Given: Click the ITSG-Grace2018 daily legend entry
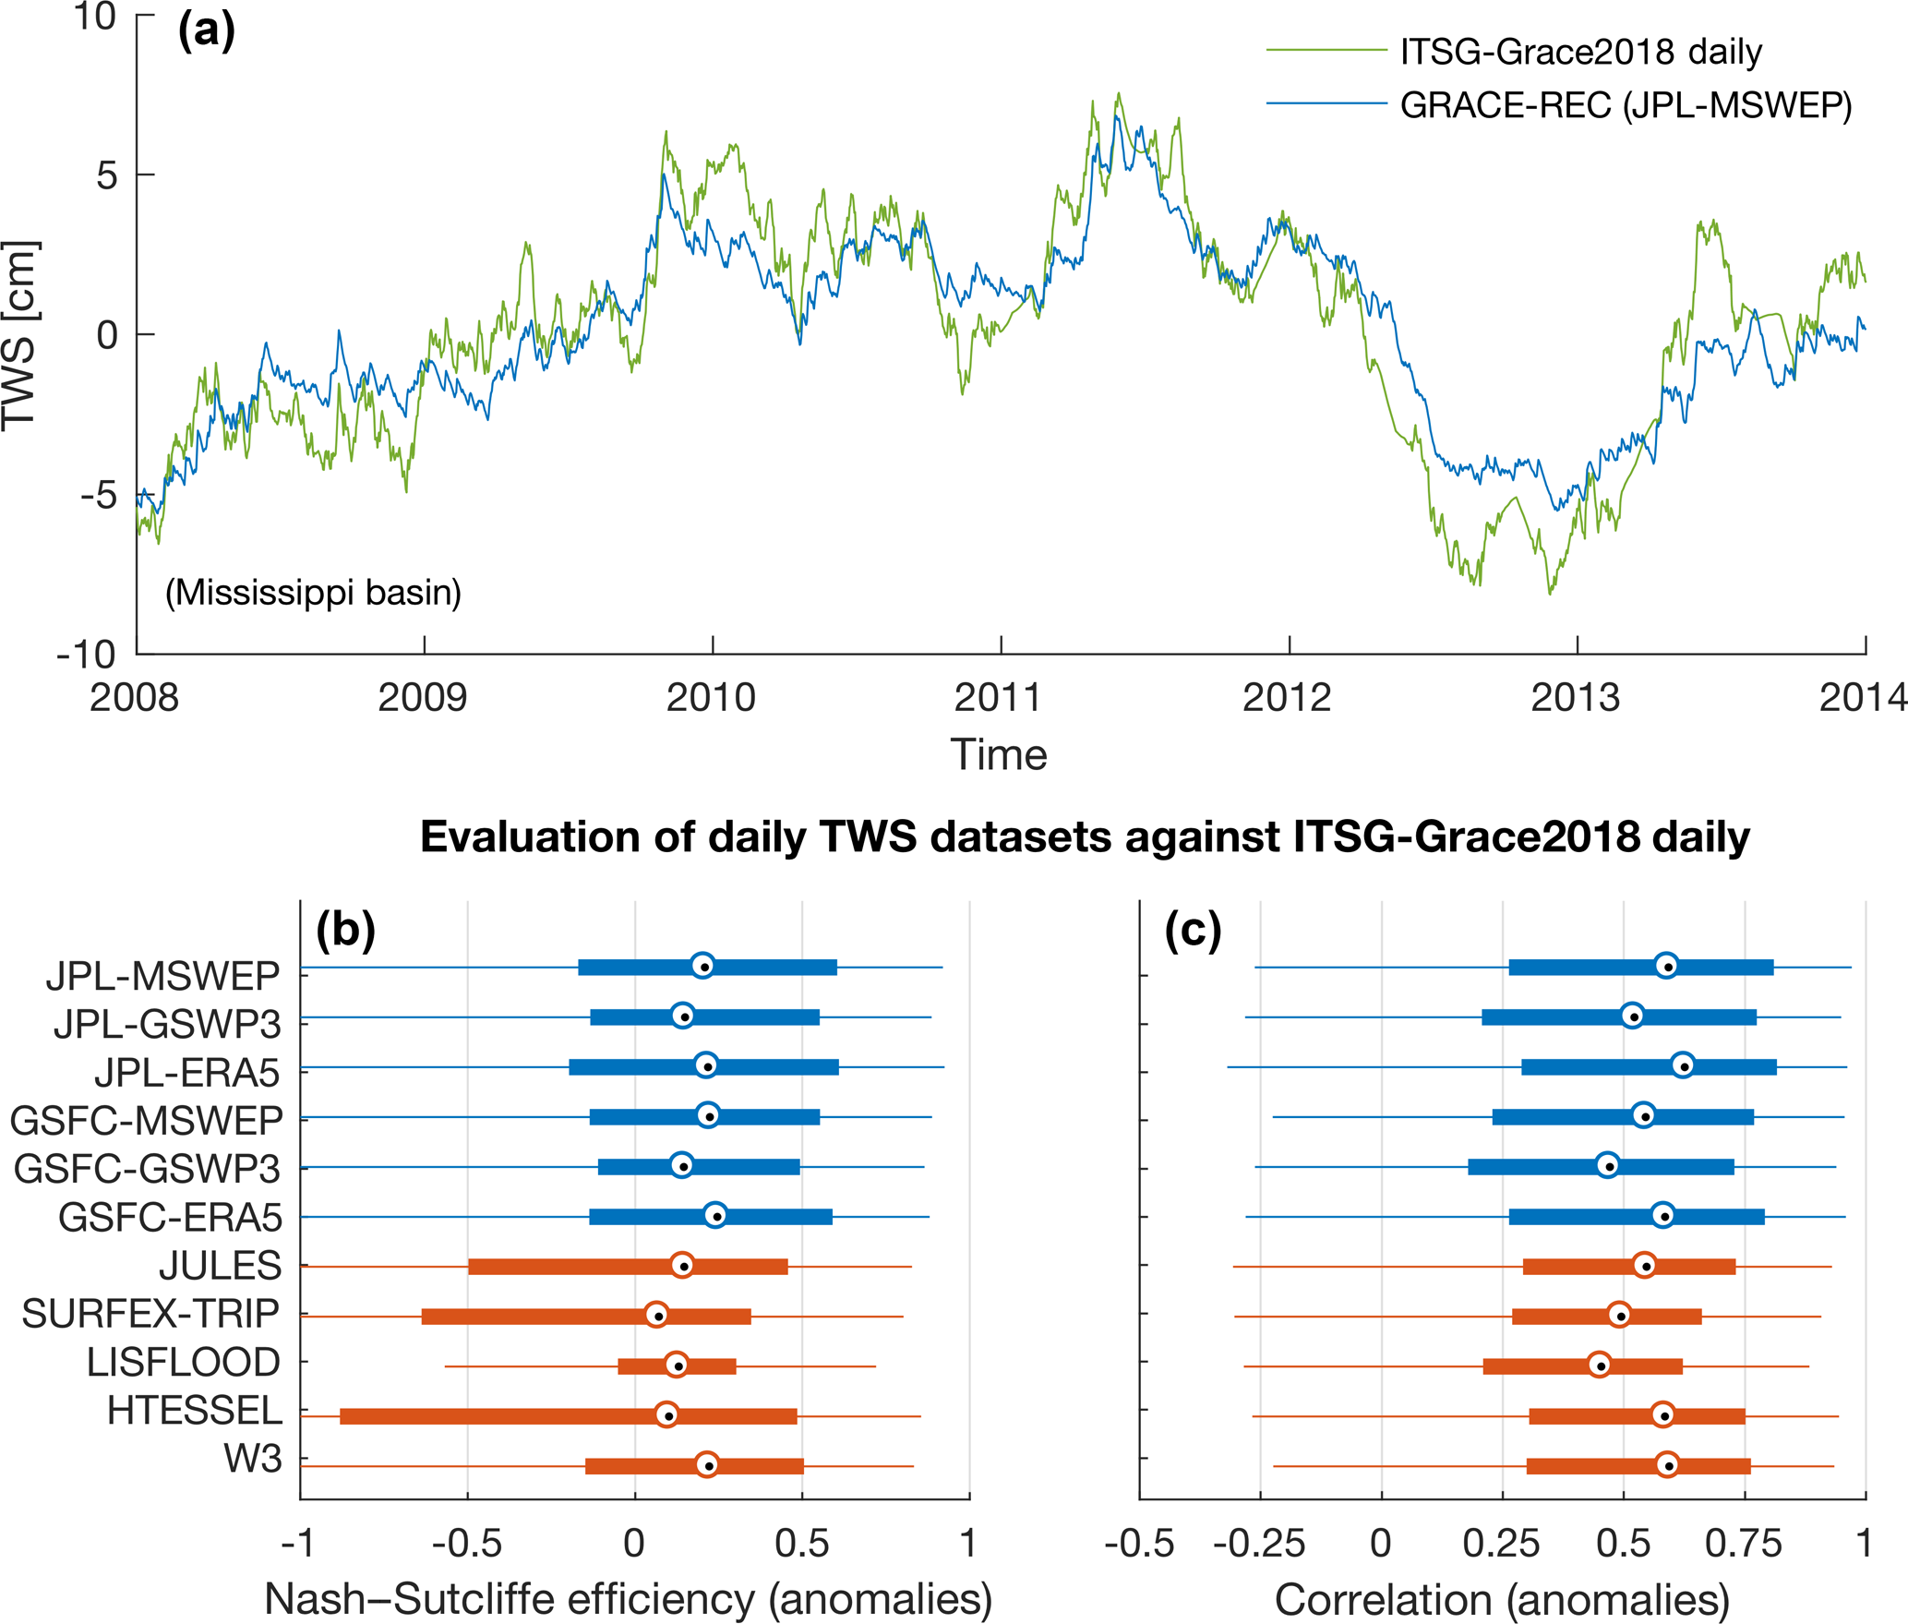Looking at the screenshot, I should [1580, 52].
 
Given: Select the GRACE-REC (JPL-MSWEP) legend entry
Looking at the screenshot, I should [1626, 106].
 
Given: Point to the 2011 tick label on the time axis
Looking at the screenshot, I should [998, 698].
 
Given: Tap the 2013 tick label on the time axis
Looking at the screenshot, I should [1575, 698].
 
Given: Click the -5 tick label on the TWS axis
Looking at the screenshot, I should [99, 496].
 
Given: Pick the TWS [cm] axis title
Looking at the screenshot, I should [20, 336].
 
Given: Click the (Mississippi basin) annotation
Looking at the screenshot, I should [313, 593].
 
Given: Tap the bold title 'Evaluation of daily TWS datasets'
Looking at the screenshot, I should [1085, 836].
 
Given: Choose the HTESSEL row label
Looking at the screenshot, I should [195, 1411].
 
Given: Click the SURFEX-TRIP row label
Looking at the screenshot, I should [150, 1314].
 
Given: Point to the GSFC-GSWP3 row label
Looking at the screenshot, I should [147, 1169].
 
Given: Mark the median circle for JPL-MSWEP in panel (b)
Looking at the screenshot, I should [702, 965].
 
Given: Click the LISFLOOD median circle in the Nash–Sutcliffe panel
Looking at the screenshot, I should [677, 1364].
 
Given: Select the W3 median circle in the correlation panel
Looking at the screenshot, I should [1667, 1464].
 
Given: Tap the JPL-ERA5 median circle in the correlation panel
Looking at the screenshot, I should [1683, 1065].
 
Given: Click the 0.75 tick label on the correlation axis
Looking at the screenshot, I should [1743, 1544].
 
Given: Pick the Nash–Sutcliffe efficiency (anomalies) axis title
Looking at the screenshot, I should [629, 1599].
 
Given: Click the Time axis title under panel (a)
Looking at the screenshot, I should [999, 755].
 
